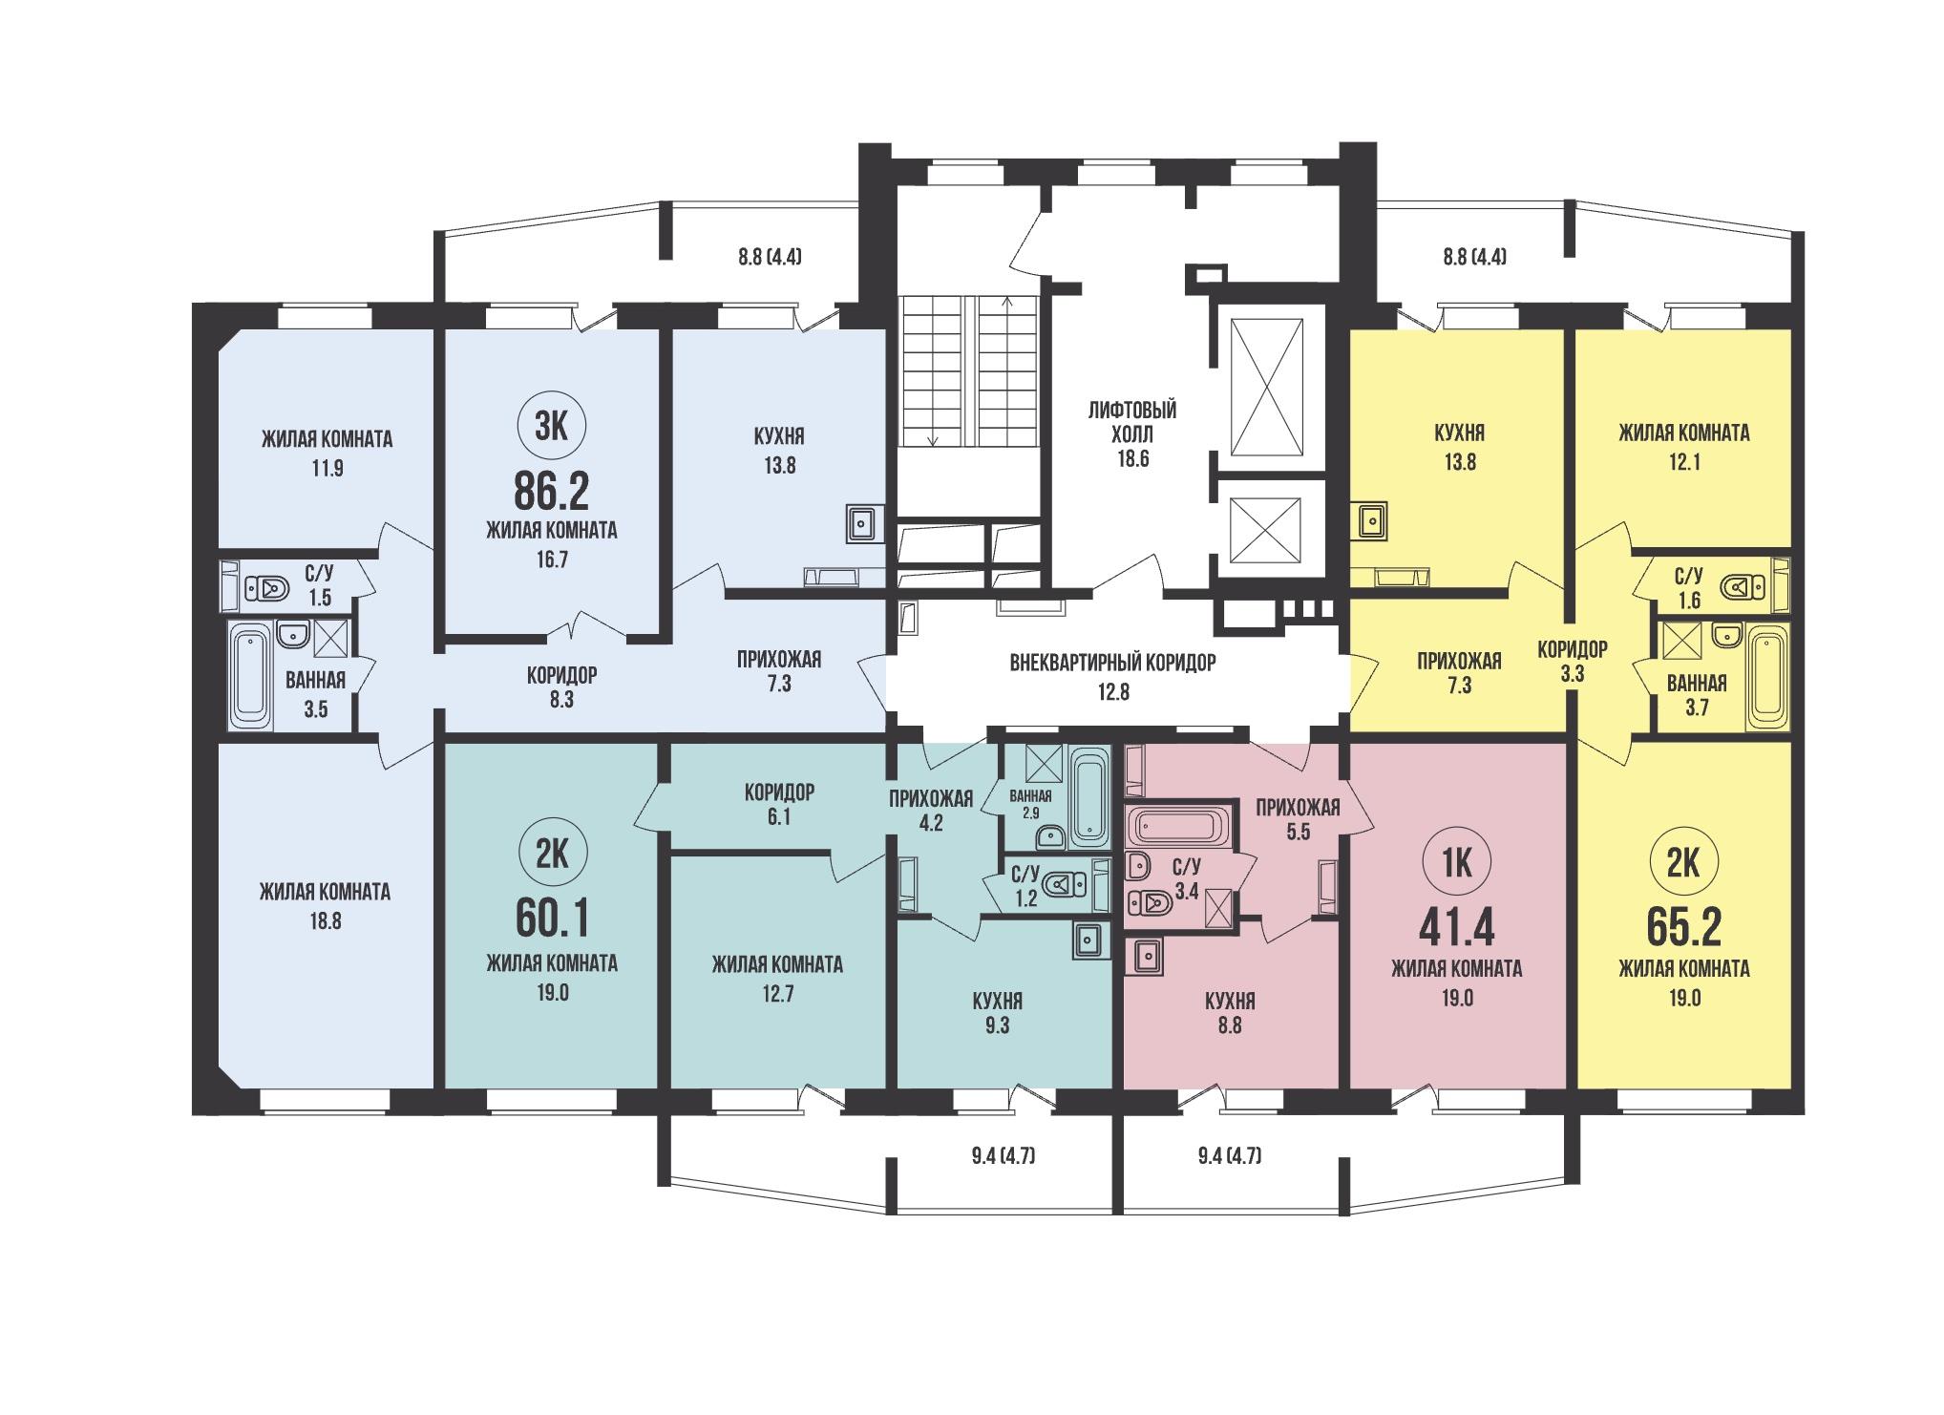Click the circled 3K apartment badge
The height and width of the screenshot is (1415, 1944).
pyautogui.click(x=552, y=428)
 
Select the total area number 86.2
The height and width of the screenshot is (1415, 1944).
pyautogui.click(x=552, y=492)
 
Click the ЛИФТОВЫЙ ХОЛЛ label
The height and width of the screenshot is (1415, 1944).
pyautogui.click(x=1131, y=422)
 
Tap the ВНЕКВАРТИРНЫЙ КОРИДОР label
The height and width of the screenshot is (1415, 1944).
pyautogui.click(x=1112, y=663)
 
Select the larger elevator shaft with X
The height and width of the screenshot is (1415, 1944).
pyautogui.click(x=1267, y=387)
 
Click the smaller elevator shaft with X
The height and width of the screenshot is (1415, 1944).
pyautogui.click(x=1267, y=531)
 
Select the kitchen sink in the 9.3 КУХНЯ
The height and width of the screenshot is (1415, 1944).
pyautogui.click(x=1088, y=941)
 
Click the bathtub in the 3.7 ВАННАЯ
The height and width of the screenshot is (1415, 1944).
pyautogui.click(x=1766, y=677)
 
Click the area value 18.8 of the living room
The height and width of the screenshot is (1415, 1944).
pyautogui.click(x=325, y=921)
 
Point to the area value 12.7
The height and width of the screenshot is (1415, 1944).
pyautogui.click(x=777, y=994)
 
